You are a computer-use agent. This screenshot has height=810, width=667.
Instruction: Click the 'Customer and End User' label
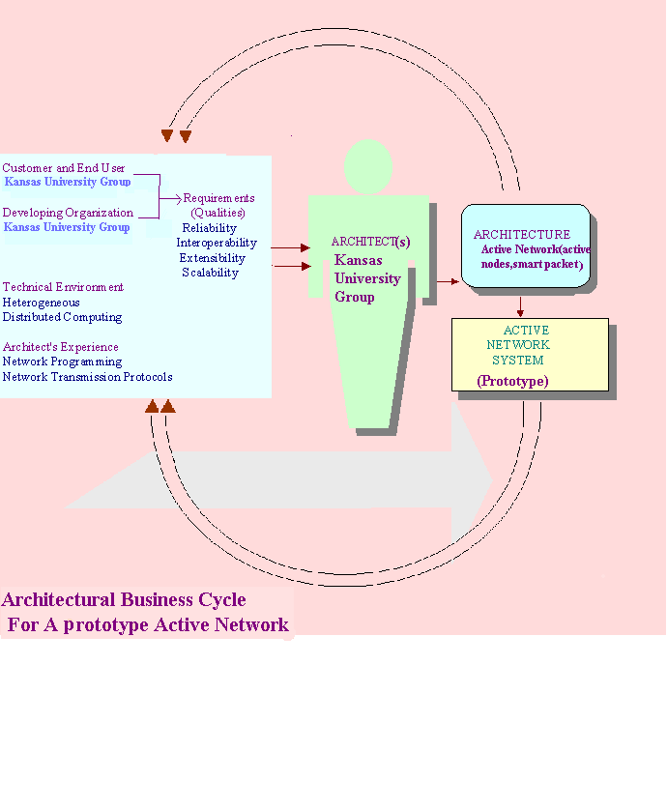(x=64, y=168)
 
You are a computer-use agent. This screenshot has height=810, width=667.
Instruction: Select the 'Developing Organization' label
(x=68, y=213)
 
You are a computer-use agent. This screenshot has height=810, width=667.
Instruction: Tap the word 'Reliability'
(x=209, y=228)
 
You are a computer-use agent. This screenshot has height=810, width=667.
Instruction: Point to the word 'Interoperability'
(x=217, y=243)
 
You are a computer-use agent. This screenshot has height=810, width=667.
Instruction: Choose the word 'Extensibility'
(x=212, y=258)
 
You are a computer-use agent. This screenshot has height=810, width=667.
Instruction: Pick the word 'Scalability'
(x=210, y=273)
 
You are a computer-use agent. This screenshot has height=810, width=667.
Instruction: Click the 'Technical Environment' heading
(x=63, y=287)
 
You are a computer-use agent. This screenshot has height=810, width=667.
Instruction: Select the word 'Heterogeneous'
(x=41, y=303)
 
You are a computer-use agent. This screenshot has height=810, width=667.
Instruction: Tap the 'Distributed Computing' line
(x=62, y=317)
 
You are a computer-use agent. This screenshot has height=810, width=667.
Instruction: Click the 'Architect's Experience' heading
(x=61, y=347)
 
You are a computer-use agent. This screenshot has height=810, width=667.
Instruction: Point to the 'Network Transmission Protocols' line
(x=88, y=377)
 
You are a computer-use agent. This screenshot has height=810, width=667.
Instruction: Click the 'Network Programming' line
(x=62, y=362)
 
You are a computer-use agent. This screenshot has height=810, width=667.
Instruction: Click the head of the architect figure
(x=368, y=166)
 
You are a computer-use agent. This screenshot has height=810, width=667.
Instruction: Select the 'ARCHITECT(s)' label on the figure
(x=369, y=242)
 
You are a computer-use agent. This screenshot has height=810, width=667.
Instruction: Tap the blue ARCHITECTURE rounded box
(x=525, y=246)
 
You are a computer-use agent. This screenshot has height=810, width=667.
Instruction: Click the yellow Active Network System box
(x=530, y=354)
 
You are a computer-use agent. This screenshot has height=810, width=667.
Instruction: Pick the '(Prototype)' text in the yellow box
(x=512, y=382)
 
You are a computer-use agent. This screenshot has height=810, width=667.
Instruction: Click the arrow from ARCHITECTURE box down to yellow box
(x=521, y=305)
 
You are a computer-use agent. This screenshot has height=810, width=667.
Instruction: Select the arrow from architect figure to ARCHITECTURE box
(x=446, y=281)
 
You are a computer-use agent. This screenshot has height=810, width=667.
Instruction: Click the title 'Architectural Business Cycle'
(x=124, y=600)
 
